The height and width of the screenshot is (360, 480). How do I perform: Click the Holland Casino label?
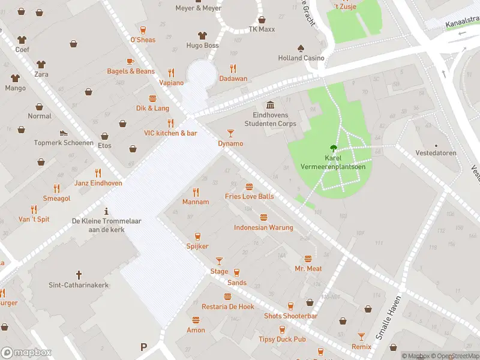pyautogui.click(x=301, y=58)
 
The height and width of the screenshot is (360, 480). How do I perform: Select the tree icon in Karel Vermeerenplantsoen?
pyautogui.click(x=333, y=148)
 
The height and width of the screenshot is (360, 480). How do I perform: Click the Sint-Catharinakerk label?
pyautogui.click(x=79, y=285)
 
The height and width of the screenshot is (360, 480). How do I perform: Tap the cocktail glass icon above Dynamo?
pyautogui.click(x=230, y=133)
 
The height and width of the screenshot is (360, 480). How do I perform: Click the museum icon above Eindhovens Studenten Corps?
pyautogui.click(x=270, y=105)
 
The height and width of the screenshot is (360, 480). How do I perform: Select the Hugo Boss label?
pyautogui.click(x=202, y=46)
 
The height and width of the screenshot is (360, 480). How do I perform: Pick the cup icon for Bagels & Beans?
pyautogui.click(x=130, y=61)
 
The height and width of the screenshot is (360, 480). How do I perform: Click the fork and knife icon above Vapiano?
pyautogui.click(x=171, y=72)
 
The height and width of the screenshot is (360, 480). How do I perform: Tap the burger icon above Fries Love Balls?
pyautogui.click(x=249, y=187)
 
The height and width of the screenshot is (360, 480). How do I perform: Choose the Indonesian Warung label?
pyautogui.click(x=263, y=227)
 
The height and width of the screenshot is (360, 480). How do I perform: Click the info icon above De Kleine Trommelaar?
pyautogui.click(x=106, y=211)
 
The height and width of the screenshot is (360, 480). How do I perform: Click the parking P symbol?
pyautogui.click(x=143, y=346)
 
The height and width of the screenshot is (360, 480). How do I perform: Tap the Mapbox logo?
pyautogui.click(x=26, y=353)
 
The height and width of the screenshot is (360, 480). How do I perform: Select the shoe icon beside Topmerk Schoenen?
pyautogui.click(x=64, y=133)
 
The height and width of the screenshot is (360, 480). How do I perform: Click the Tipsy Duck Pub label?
pyautogui.click(x=283, y=339)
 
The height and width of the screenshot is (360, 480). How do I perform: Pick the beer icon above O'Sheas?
pyautogui.click(x=143, y=30)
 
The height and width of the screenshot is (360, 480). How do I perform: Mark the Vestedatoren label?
pyautogui.click(x=436, y=153)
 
